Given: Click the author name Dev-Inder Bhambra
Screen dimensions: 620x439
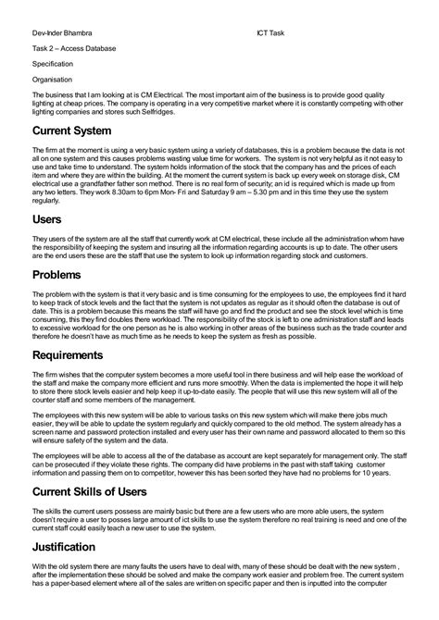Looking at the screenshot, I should pyautogui.click(x=64, y=32).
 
